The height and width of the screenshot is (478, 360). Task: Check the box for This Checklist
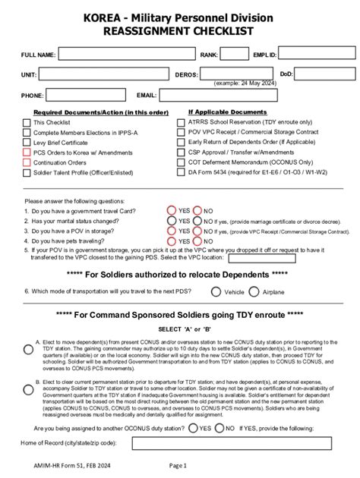click(27, 122)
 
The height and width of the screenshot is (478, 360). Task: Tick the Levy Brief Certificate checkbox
click(27, 142)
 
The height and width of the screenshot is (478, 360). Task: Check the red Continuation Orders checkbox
click(27, 162)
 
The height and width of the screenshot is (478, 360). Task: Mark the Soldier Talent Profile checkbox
click(27, 172)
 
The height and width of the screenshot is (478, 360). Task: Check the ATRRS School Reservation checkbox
click(181, 122)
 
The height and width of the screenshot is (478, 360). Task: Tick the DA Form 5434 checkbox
click(181, 172)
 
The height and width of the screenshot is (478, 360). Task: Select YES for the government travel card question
click(171, 210)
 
